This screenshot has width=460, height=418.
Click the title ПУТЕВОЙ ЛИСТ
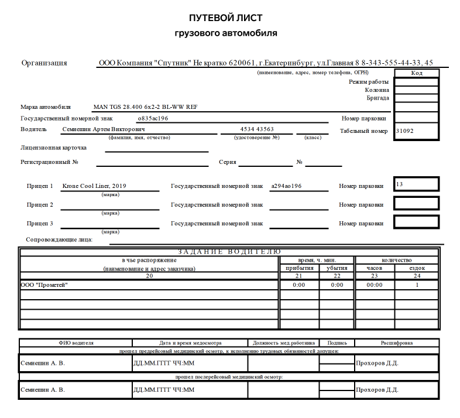pos(226,18)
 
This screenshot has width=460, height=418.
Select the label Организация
pos(44,63)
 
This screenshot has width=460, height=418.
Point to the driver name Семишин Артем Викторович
pos(104,129)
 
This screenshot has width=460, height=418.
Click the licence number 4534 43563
pos(257,129)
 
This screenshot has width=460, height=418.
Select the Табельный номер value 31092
pos(405,131)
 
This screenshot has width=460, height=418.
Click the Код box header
pos(417,73)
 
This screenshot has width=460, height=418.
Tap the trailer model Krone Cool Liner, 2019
pos(94,186)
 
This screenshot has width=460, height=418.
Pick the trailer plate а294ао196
pos(286,186)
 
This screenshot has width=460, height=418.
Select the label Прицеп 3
pos(40,224)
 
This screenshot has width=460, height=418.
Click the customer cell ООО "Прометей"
pos(44,285)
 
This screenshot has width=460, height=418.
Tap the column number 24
pos(417,276)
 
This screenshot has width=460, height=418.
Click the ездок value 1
pos(417,285)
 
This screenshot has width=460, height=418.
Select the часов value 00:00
pos(374,285)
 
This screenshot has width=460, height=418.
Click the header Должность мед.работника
pos(283,343)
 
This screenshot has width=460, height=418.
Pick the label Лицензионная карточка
pos(53,148)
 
